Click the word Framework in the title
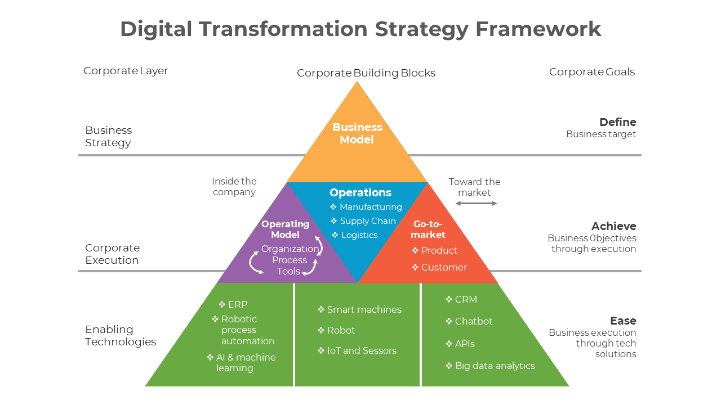538,29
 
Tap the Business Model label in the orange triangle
357,133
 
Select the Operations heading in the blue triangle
360,192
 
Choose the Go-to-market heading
428,229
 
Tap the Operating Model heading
286,229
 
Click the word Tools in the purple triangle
288,271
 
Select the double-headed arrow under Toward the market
476,203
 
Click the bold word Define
617,122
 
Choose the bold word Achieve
613,226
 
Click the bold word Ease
623,321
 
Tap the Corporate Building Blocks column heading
366,73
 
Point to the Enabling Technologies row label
121,335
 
